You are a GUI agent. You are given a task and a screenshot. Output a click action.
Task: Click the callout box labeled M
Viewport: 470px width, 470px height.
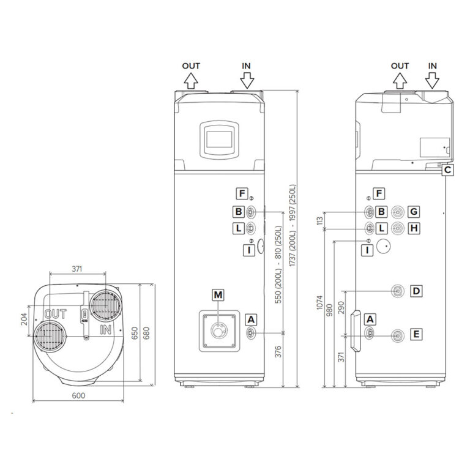pyautogui.click(x=218, y=296)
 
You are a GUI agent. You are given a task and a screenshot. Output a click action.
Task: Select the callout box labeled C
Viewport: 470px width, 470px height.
pyautogui.click(x=448, y=170)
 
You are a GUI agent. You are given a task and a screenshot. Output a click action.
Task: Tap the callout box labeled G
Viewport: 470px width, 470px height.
pyautogui.click(x=414, y=212)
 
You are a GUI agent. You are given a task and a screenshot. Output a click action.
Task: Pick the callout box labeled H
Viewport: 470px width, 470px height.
pyautogui.click(x=414, y=228)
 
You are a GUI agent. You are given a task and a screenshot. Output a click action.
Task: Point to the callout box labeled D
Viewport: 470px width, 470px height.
pyautogui.click(x=416, y=291)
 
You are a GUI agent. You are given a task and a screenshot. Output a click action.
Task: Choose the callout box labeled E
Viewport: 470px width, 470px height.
pyautogui.click(x=416, y=334)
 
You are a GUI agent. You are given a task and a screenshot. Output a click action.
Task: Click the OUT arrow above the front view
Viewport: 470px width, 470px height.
pyautogui.click(x=191, y=79)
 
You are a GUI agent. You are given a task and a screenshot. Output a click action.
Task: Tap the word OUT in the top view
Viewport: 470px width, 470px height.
pyautogui.click(x=55, y=314)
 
